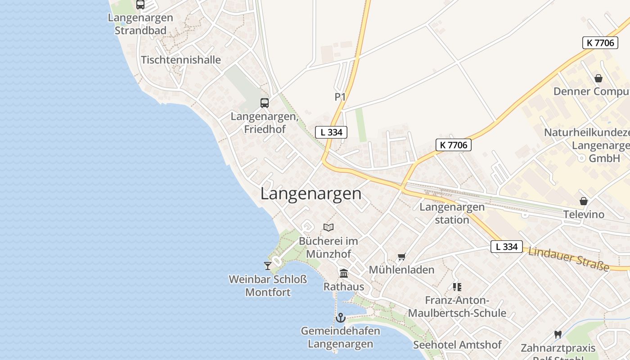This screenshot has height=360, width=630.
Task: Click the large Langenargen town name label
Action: pos(310,193)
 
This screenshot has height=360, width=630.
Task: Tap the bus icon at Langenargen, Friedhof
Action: pos(265,103)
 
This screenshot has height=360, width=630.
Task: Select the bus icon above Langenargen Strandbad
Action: pos(140,4)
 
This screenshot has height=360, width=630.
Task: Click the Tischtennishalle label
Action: pos(181,60)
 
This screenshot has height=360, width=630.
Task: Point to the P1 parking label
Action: pos(340,97)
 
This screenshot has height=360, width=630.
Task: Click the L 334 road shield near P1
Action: pos(331,132)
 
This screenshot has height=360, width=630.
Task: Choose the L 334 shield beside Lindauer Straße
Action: pos(507,247)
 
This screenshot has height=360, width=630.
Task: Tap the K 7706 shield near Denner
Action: pos(600,43)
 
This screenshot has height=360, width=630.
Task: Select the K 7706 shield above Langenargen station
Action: pos(454,145)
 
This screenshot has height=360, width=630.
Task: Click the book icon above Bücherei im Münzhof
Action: pos(328,227)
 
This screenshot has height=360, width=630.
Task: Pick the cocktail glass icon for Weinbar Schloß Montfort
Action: pos(268,265)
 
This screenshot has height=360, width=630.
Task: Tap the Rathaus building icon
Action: pos(344,273)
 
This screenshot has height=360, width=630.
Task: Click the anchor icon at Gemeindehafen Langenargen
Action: pos(341,318)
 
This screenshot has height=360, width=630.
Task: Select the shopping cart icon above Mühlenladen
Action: pos(402,257)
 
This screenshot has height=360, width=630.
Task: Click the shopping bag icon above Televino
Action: pos(584,201)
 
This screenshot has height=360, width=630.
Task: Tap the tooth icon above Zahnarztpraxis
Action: pos(558,334)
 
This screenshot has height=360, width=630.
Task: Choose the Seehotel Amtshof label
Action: pos(457,345)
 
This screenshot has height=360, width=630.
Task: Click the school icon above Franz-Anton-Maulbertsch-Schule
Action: pos(457,287)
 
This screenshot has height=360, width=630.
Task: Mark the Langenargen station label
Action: pos(452,213)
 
